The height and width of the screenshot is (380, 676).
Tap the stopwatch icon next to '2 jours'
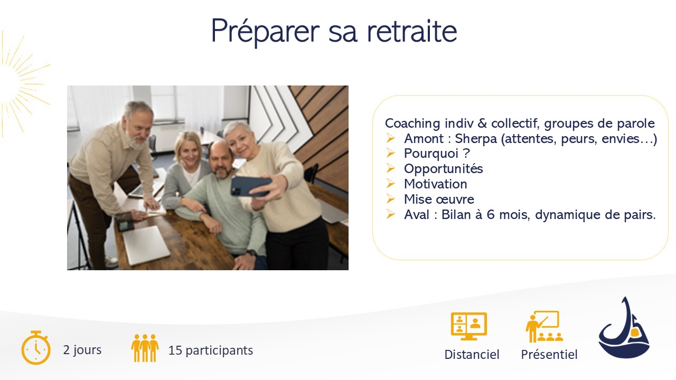(x=35, y=347)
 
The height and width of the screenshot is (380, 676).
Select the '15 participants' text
(x=210, y=350)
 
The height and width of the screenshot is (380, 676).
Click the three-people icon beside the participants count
(x=145, y=348)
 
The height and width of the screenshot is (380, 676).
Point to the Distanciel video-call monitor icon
(x=468, y=326)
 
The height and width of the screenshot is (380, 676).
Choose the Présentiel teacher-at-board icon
(x=544, y=326)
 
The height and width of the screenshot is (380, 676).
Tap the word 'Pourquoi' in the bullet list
(x=431, y=154)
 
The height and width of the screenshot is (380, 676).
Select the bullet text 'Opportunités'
(x=443, y=168)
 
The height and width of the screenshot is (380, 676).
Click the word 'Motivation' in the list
(x=436, y=184)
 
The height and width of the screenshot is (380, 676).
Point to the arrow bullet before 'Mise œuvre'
(x=390, y=199)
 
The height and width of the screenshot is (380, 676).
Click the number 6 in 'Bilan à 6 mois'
(x=491, y=215)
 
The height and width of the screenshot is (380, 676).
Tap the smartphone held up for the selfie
(x=250, y=186)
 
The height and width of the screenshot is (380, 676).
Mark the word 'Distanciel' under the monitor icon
(x=472, y=354)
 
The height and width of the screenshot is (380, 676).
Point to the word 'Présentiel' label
(x=549, y=354)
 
